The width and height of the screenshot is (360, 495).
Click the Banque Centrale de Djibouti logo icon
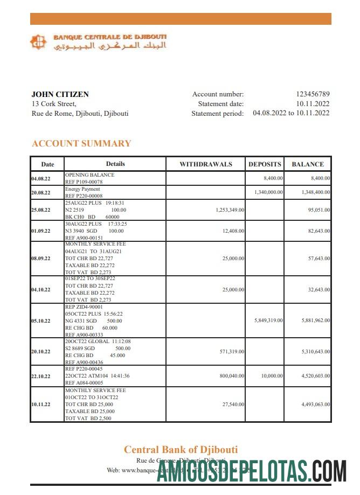[38, 42]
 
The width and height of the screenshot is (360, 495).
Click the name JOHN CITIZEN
[60, 94]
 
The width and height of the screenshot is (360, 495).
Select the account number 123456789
[313, 94]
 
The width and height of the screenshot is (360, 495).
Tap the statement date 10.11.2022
[313, 104]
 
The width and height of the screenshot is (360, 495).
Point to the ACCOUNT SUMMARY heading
[81, 143]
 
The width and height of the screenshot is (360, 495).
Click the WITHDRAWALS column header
[205, 164]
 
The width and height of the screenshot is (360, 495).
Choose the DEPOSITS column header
[265, 164]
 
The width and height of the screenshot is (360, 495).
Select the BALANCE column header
[308, 164]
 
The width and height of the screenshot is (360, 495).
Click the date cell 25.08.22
[41, 210]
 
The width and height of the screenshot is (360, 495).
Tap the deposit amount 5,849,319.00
[268, 320]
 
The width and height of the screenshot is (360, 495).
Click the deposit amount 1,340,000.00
[268, 192]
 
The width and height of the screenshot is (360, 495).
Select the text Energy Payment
[82, 189]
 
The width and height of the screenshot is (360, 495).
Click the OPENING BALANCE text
[89, 175]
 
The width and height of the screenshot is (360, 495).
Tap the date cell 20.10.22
[41, 352]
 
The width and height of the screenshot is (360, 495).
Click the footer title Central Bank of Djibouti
[181, 450]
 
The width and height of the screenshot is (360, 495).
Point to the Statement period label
[217, 114]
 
